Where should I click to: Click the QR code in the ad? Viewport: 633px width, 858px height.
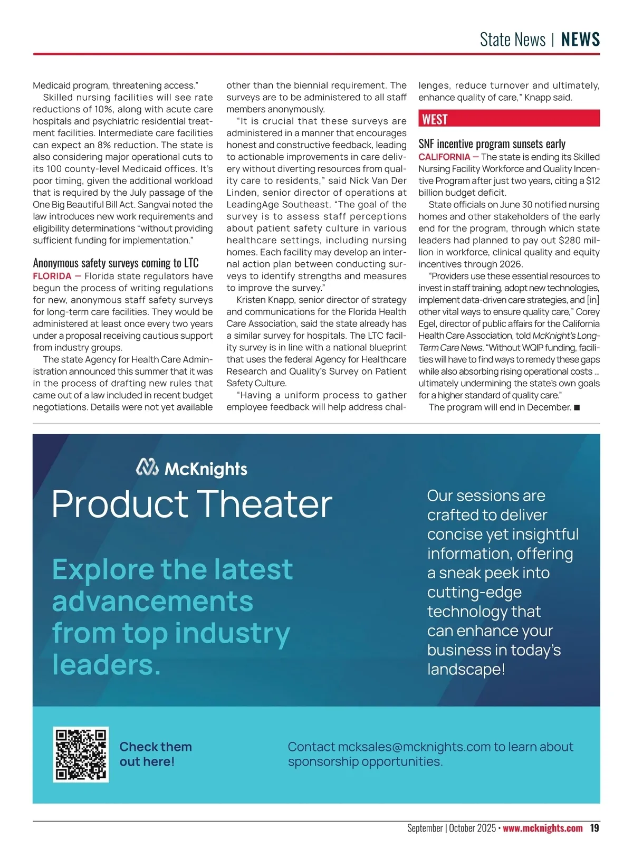click(x=81, y=754)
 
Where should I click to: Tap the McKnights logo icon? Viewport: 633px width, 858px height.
click(x=147, y=468)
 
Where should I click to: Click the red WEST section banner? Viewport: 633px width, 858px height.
click(x=509, y=119)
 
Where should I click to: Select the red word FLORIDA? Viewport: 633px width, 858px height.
click(x=52, y=276)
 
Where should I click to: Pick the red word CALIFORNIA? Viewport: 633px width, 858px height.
click(x=444, y=157)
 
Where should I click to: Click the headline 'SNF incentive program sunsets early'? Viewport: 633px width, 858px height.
click(x=492, y=144)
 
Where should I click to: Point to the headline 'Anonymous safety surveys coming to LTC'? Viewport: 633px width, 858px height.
click(x=116, y=263)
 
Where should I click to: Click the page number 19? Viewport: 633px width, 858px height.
click(x=594, y=828)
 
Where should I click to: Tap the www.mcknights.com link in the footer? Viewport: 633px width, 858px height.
click(x=542, y=828)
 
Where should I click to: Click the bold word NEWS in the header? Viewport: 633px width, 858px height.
click(x=580, y=40)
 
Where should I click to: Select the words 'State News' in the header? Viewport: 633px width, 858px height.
click(x=512, y=40)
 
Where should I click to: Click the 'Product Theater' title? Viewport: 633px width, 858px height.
click(x=192, y=503)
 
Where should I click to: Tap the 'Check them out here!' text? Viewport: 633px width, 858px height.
click(x=156, y=754)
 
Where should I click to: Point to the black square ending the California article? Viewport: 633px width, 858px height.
click(x=577, y=407)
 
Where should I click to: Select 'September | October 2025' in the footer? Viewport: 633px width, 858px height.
click(x=451, y=828)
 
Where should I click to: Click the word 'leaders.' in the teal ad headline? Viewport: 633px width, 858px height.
click(x=106, y=664)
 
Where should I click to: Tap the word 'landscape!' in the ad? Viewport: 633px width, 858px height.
click(x=466, y=669)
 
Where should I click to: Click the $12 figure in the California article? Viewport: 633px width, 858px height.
click(x=593, y=180)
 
